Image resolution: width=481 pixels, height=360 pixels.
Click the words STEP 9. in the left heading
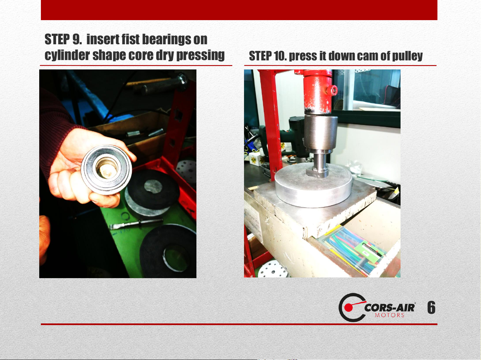63,40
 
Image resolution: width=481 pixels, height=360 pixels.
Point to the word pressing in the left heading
200,55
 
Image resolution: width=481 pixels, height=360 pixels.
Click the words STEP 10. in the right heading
268,56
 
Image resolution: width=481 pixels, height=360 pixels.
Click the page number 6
431,307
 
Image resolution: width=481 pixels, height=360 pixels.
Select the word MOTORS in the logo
389,315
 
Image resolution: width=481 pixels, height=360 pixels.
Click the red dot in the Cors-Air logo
348,308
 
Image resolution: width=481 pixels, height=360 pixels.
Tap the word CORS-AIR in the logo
389,308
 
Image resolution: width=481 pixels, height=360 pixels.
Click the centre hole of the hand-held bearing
107,170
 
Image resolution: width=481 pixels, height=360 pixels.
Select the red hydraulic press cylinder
318,92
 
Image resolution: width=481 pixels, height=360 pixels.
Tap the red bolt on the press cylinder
334,90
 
